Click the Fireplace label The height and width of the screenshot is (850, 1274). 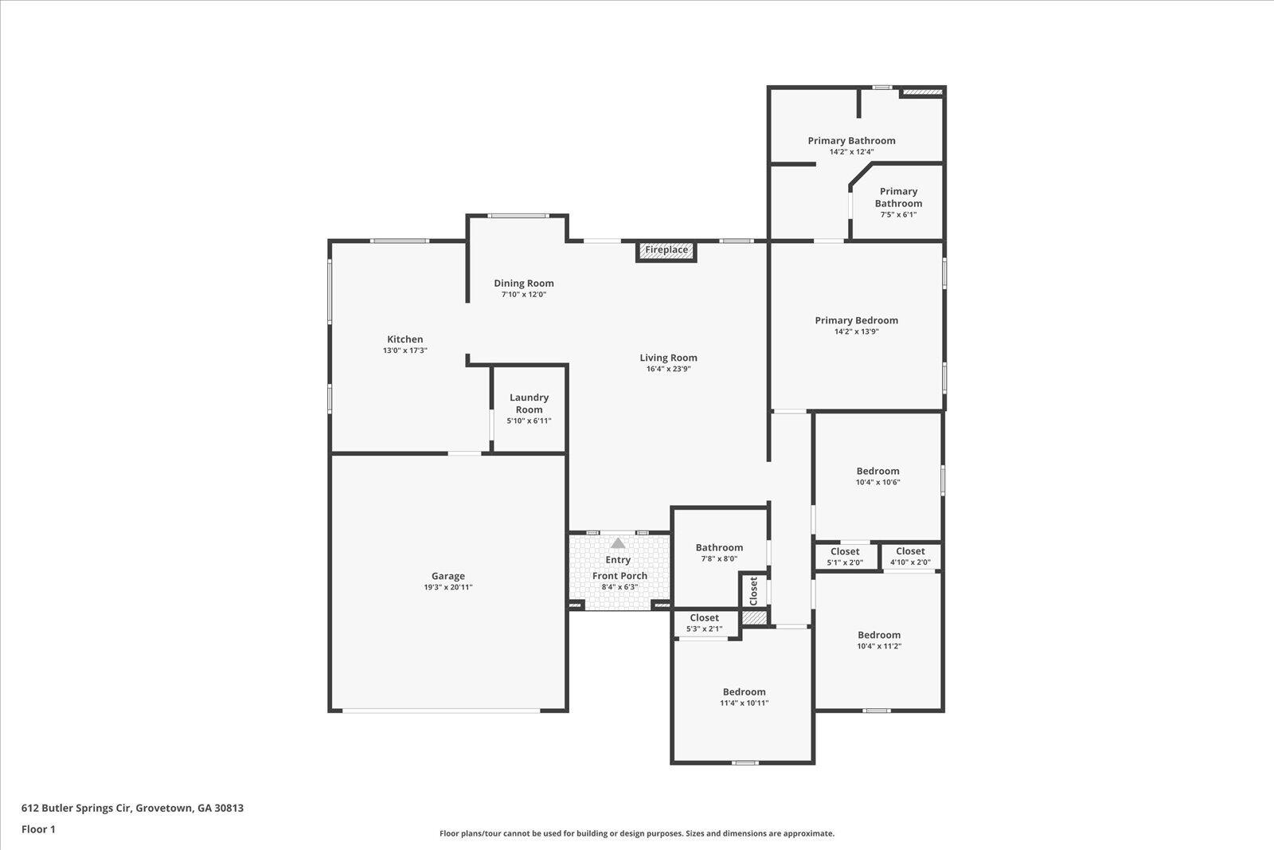point(666,250)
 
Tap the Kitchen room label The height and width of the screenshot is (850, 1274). point(405,339)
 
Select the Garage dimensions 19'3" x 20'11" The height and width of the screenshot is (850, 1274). point(448,587)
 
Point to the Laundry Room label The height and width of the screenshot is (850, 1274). point(529,403)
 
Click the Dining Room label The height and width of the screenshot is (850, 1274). point(524,284)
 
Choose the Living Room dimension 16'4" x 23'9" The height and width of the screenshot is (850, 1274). point(668,369)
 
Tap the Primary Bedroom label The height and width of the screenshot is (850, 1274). point(857,320)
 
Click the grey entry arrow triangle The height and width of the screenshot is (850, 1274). point(618,543)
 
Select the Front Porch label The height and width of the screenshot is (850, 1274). point(619,576)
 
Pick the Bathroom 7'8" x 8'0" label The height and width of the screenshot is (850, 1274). point(720,547)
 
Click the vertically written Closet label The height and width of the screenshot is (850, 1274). point(753,591)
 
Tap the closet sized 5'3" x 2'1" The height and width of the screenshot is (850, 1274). point(704,622)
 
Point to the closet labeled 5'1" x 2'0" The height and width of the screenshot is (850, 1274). point(845,556)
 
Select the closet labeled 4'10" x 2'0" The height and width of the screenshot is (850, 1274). point(910,556)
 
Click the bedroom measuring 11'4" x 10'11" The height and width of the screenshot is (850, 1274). point(744,697)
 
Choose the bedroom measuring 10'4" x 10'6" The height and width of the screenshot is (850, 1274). point(877,476)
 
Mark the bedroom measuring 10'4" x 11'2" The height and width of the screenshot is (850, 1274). point(879,640)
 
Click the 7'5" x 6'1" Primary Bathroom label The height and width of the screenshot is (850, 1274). point(898,202)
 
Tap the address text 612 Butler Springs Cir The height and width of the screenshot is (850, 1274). point(76,808)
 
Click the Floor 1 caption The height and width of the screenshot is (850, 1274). point(38,829)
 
